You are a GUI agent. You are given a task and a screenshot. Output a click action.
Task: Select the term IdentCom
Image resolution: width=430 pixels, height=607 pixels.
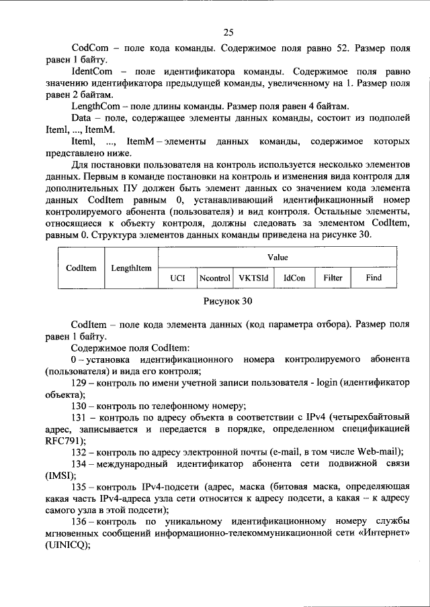pyautogui.click(x=92, y=71)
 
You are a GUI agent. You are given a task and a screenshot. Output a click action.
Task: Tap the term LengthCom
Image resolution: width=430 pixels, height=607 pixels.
pyautogui.click(x=95, y=106)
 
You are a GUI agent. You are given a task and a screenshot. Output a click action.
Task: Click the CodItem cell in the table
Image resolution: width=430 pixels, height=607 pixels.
pyautogui.click(x=81, y=268)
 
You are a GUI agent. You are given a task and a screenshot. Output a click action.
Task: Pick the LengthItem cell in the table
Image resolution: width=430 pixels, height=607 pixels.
pyautogui.click(x=131, y=268)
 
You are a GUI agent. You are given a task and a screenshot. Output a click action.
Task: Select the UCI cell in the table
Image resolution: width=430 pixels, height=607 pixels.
pyautogui.click(x=177, y=277)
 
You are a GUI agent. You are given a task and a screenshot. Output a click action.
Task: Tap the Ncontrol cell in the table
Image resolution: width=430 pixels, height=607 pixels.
pyautogui.click(x=215, y=277)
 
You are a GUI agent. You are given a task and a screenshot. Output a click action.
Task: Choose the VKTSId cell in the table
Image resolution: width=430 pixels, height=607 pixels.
pyautogui.click(x=253, y=277)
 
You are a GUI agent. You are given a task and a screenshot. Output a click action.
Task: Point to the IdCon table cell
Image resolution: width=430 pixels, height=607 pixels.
pyautogui.click(x=294, y=277)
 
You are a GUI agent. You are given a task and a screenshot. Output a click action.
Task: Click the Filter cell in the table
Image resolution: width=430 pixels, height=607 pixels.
pyautogui.click(x=333, y=277)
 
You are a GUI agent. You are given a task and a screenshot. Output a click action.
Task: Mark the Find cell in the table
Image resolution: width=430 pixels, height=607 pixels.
pyautogui.click(x=374, y=277)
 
